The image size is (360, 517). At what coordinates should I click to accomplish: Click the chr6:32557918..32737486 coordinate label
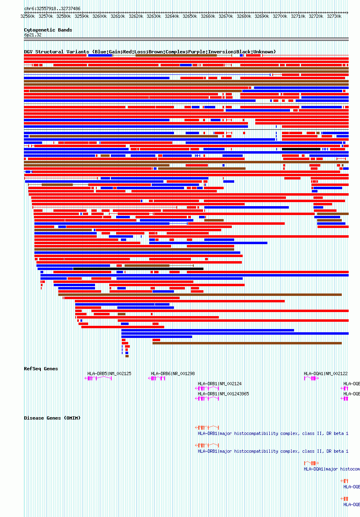[x=52, y=8]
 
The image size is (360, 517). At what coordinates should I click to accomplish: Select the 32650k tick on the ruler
[x=190, y=16]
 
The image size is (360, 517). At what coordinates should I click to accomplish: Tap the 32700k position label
[x=280, y=16]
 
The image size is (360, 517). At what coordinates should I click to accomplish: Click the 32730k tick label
[x=334, y=16]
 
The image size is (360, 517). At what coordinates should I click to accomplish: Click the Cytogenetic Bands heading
[x=48, y=30]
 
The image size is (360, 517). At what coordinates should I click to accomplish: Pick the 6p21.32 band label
[x=32, y=35]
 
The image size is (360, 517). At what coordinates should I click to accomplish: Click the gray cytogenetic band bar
[x=186, y=39]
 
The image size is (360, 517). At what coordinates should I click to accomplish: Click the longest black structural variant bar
[x=138, y=268]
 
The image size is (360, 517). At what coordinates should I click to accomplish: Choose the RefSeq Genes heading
[x=41, y=369]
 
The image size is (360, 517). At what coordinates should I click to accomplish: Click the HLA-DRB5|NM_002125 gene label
[x=109, y=374]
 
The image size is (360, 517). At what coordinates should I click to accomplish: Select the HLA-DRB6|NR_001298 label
[x=173, y=374]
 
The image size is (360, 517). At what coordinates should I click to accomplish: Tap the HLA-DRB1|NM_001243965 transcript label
[x=223, y=394]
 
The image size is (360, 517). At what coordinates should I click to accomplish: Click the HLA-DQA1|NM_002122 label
[x=326, y=374]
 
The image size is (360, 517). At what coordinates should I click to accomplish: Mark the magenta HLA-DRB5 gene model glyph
[x=98, y=378]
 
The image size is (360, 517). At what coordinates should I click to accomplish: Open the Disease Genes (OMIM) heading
[x=52, y=418]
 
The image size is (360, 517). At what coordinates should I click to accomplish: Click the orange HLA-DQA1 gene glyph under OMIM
[x=311, y=463]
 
